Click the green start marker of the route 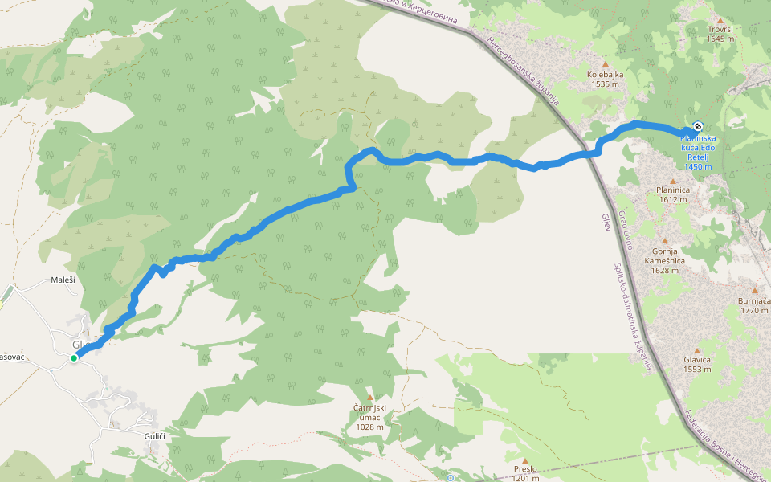(74, 357)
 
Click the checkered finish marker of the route (699, 126)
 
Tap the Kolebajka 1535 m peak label (605, 78)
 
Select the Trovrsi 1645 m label (720, 33)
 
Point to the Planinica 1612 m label (672, 194)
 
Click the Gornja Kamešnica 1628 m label (664, 260)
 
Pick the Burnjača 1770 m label (754, 304)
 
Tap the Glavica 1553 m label (697, 365)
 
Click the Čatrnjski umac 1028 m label (370, 417)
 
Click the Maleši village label (63, 280)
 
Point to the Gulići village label (154, 435)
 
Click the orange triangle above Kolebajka (606, 63)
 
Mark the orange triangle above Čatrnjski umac (370, 398)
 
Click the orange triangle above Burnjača (754, 290)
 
